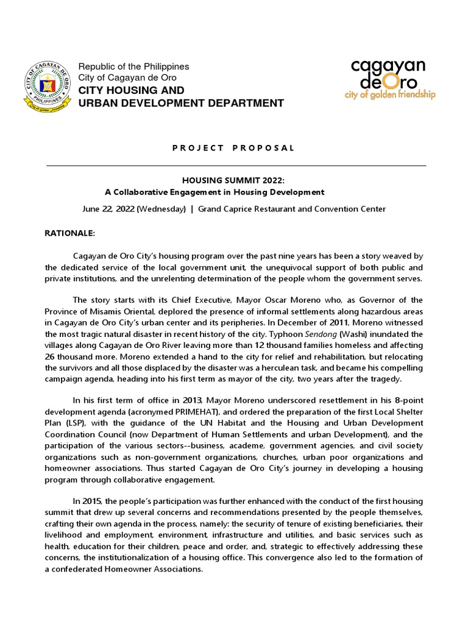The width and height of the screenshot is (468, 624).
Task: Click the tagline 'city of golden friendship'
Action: [390, 95]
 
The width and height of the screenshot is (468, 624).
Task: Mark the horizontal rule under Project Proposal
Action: [236, 165]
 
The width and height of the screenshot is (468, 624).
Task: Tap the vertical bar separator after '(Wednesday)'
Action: [192, 209]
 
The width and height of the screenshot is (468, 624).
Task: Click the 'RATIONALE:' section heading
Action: [70, 233]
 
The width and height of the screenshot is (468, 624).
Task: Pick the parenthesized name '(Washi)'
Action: [352, 335]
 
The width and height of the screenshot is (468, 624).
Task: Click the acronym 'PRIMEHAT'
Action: [175, 411]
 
